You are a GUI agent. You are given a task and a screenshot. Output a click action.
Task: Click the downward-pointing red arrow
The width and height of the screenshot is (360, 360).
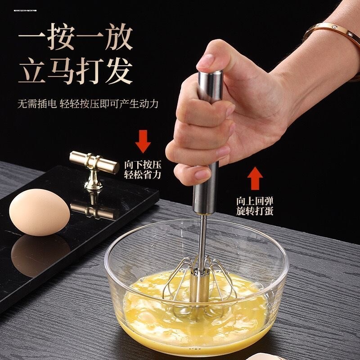coord(143,140)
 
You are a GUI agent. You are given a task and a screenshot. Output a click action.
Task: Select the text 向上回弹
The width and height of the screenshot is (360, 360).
coord(255,201)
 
